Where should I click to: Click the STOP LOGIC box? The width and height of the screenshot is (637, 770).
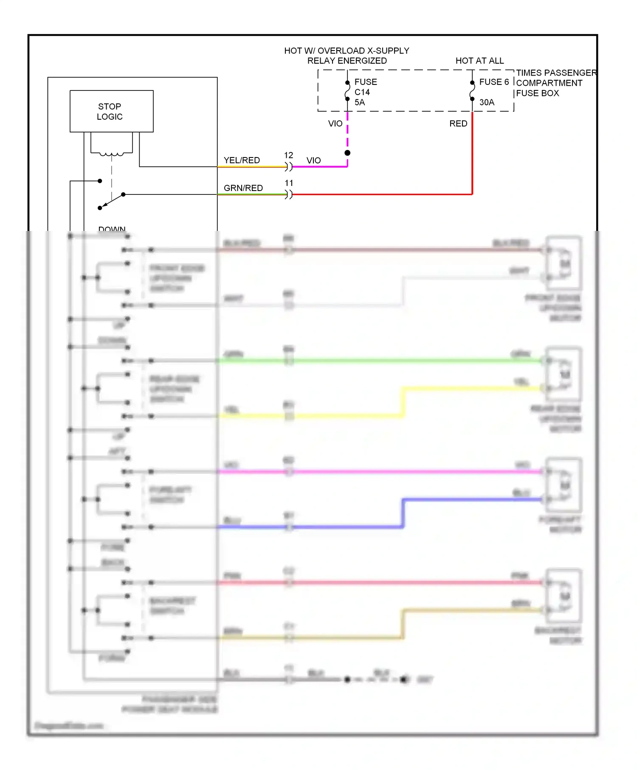click(x=111, y=111)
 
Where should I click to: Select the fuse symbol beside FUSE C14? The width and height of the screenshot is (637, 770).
click(x=347, y=90)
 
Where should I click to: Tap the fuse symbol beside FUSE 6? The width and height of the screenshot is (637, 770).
click(x=472, y=90)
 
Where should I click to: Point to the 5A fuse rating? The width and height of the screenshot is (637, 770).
click(x=360, y=102)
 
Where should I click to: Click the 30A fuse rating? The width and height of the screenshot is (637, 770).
click(x=487, y=102)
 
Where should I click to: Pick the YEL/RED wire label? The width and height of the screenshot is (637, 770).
click(x=242, y=160)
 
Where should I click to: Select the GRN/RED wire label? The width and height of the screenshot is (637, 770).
click(x=243, y=188)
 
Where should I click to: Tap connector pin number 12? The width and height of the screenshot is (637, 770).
click(x=289, y=155)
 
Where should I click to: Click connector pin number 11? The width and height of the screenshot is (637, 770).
click(x=289, y=183)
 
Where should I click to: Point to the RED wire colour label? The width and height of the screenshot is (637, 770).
click(x=458, y=124)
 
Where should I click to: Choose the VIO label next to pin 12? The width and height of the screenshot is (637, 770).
click(x=313, y=160)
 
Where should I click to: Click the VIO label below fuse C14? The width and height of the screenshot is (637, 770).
click(x=335, y=124)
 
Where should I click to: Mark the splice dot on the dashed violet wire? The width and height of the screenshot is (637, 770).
click(x=347, y=153)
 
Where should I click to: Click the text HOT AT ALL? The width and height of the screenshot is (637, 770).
click(x=479, y=61)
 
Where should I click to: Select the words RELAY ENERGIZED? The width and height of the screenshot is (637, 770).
click(x=347, y=61)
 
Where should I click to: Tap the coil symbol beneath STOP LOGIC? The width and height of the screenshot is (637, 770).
click(x=112, y=154)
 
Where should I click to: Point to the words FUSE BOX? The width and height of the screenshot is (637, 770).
click(x=538, y=93)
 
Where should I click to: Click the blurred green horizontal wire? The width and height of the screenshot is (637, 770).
click(x=382, y=361)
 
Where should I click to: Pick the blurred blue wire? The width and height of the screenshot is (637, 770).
click(x=340, y=527)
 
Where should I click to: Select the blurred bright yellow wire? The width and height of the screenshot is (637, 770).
click(x=340, y=416)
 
